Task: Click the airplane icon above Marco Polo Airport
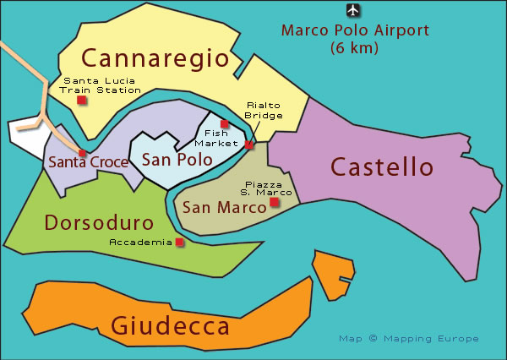352,11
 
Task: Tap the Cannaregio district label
155,58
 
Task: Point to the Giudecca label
170,325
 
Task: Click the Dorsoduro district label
99,223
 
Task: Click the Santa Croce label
88,161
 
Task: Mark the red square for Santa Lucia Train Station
81,100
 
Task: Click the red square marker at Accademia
179,243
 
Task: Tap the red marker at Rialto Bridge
248,145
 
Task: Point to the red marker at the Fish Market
224,123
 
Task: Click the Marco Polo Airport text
355,31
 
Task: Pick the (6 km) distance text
355,48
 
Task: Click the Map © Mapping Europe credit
408,338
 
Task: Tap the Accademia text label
140,243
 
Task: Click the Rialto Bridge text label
263,110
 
